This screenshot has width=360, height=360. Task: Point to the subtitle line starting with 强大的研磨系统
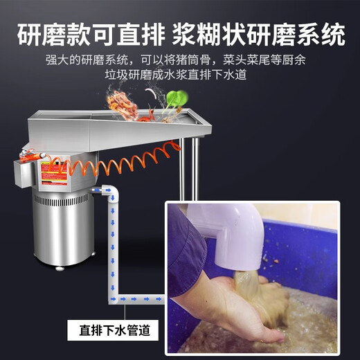coord(179,60)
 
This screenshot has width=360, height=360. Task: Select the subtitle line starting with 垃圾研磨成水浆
coord(179,75)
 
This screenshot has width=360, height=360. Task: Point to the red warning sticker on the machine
coord(55,173)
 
